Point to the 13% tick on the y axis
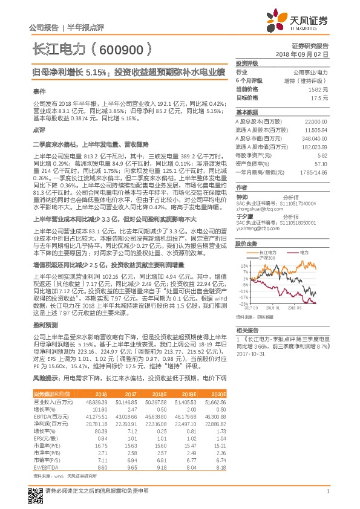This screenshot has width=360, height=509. pos(244,265)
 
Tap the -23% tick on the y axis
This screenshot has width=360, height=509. pos(243,303)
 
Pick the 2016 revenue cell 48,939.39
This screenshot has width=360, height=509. pos(96,401)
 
